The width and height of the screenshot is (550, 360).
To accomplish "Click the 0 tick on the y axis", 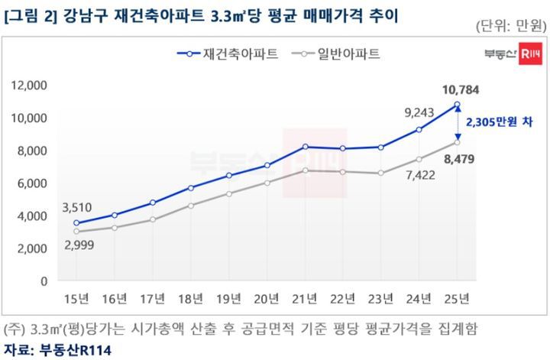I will click(45, 281).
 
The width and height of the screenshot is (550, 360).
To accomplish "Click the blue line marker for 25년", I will click(457, 105).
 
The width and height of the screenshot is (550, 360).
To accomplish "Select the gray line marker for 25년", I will click(457, 142).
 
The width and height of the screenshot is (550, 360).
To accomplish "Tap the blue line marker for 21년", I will click(305, 146).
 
